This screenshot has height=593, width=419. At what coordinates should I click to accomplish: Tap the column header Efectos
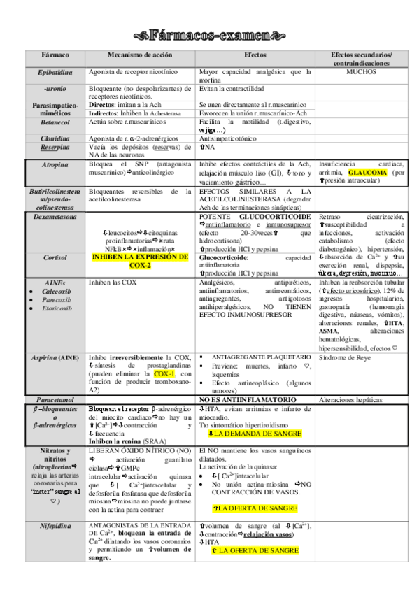tap(255, 55)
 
